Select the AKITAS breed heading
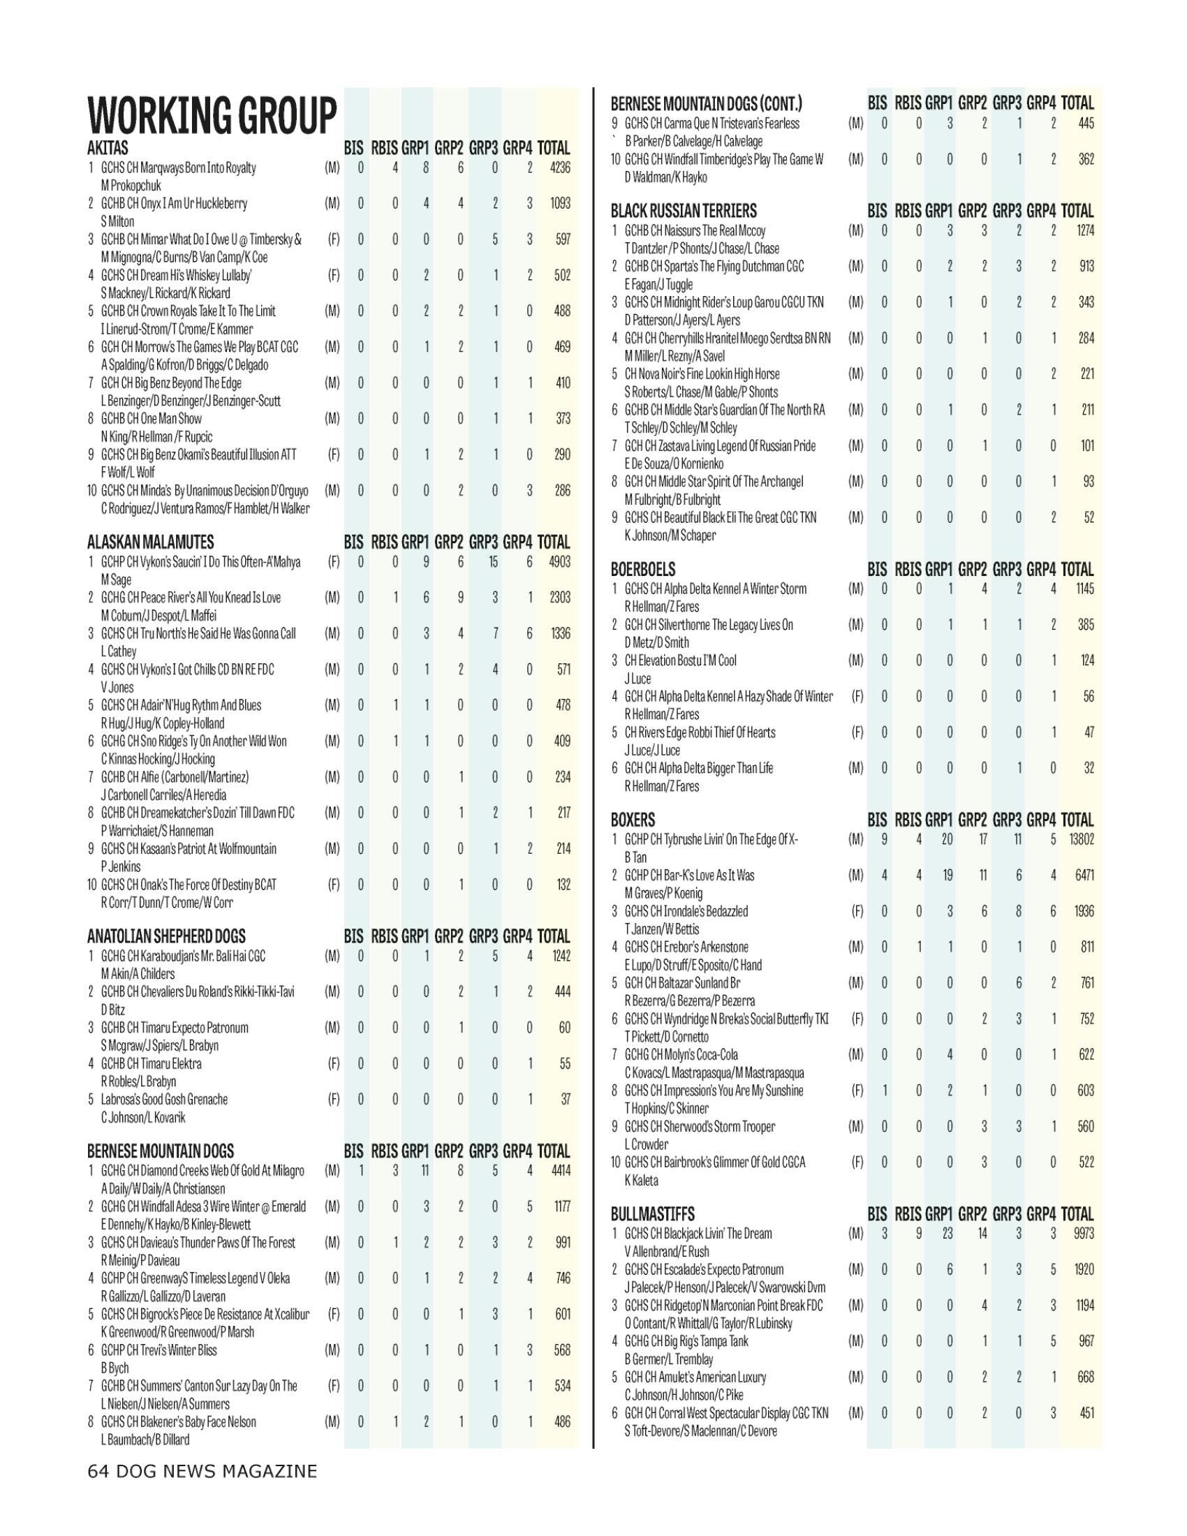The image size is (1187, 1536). coord(108,149)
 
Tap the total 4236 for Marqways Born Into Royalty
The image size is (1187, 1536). coord(560,168)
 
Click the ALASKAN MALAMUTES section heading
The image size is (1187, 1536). coord(151,542)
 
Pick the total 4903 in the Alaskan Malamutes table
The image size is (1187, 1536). coord(560,562)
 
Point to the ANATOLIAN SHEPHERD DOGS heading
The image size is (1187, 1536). coord(166,936)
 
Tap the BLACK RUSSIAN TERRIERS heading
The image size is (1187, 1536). coord(684,211)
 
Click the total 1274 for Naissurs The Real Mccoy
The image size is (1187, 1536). coord(1085,230)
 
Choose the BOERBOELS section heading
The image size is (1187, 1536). coord(642,569)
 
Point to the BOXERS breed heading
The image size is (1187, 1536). coord(632,820)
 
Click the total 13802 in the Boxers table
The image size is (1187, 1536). coord(1082,840)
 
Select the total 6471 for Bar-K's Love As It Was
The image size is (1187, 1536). coord(1084,876)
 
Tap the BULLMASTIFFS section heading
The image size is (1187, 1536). coord(652,1215)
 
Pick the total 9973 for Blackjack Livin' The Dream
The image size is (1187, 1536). coord(1084,1234)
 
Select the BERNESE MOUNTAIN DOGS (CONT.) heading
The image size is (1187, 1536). coord(706,104)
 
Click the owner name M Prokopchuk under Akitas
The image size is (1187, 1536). coord(131,186)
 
